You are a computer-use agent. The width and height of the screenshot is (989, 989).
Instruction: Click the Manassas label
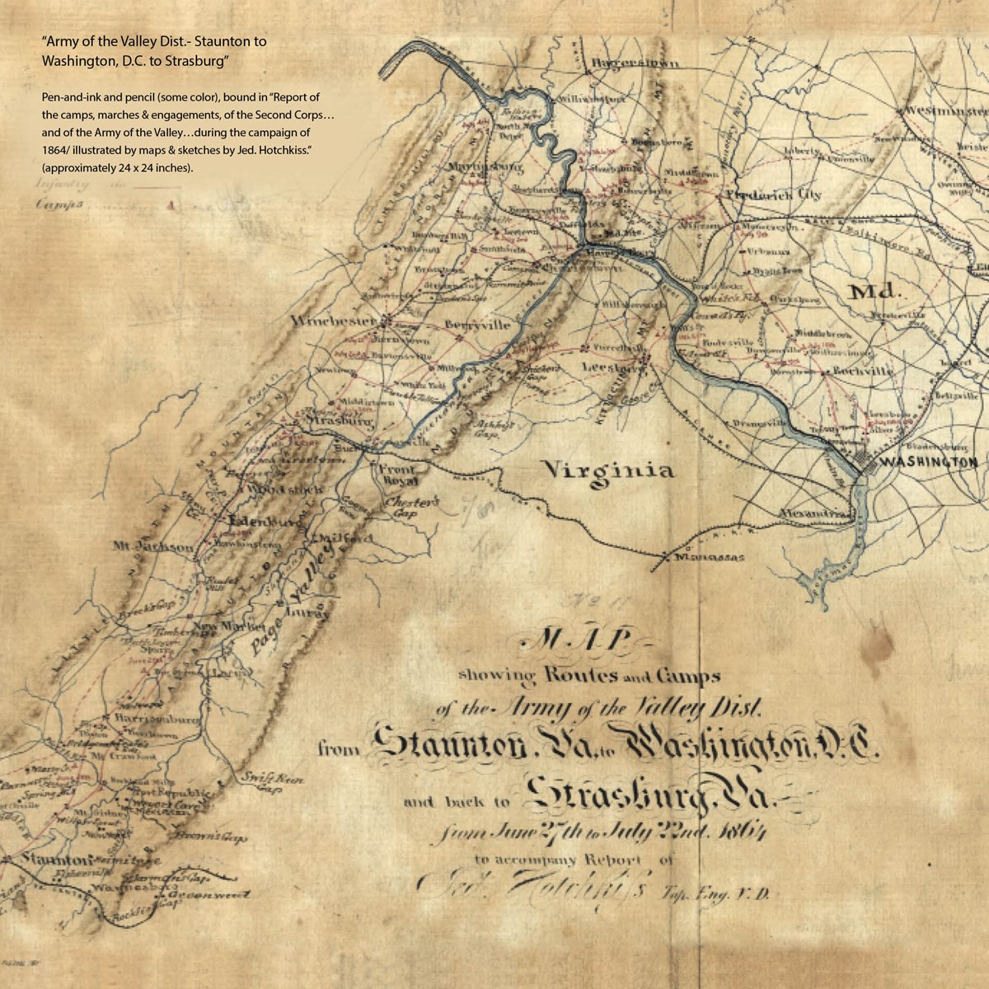point(708,558)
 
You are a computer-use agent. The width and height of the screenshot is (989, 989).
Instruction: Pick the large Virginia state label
point(607,471)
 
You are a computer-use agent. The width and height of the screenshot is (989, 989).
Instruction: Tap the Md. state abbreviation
point(875,292)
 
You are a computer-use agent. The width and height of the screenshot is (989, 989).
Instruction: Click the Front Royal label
point(399,475)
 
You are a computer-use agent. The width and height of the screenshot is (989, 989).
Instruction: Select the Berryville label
point(477,326)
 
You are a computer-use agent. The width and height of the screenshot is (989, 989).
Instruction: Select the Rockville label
point(863,372)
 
